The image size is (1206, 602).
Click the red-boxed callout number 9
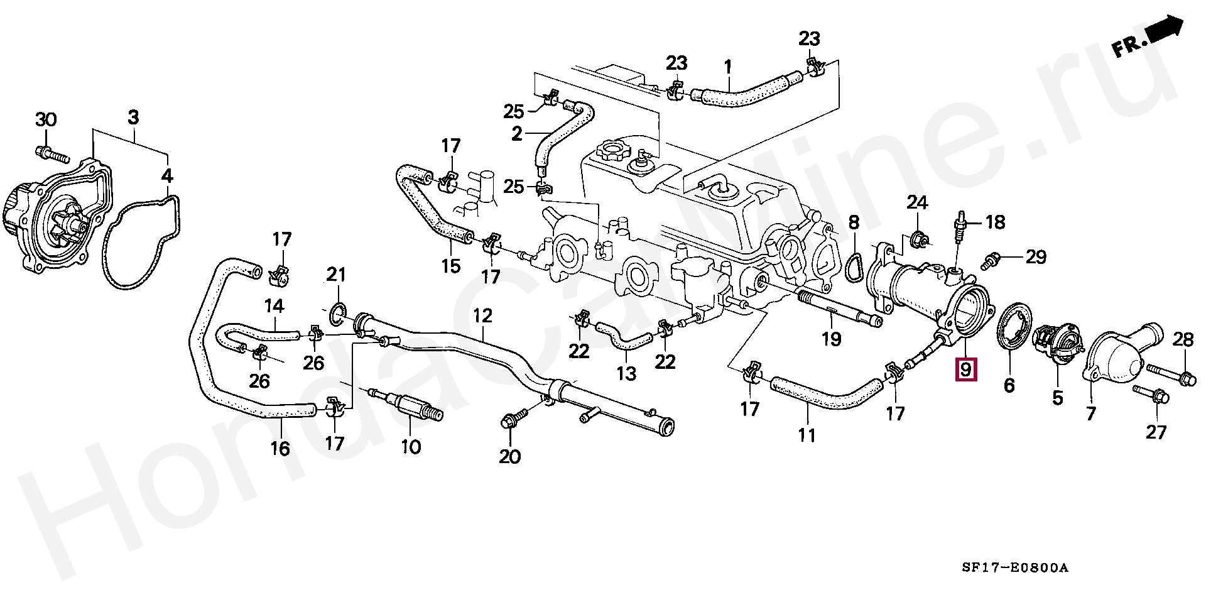coord(965,369)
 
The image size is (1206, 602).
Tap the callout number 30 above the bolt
coord(45,119)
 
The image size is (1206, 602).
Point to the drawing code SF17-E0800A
coord(1014,568)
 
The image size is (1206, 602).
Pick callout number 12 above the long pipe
coord(482,315)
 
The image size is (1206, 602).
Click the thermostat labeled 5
coord(1058,344)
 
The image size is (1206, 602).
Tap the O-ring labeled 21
coord(337,312)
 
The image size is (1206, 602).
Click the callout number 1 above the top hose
coord(728,66)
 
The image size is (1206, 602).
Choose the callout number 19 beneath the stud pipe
coord(832,339)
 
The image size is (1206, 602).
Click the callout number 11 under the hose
coord(807,435)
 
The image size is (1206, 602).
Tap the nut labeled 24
coord(916,239)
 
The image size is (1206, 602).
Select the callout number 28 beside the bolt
coord(1183,340)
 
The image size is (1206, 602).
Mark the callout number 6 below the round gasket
coord(1009,385)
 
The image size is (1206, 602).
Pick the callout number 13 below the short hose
coord(626,373)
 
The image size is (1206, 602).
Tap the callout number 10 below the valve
coord(411,447)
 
